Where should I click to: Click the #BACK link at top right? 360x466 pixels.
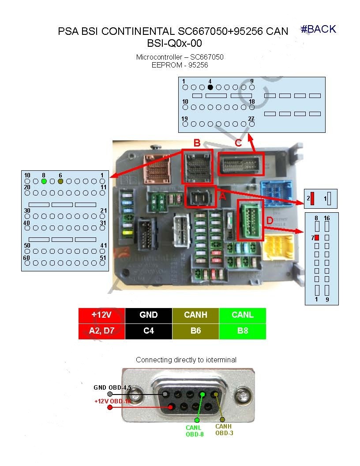(x=319, y=29)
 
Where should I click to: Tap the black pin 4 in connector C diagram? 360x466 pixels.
(x=210, y=87)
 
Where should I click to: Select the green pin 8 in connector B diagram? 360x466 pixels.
(x=44, y=181)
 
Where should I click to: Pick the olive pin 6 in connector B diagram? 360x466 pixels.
(x=60, y=181)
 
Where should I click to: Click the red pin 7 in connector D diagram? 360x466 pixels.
(x=317, y=238)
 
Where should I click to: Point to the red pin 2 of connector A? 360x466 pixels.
(x=312, y=199)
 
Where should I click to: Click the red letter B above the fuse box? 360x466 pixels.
(x=197, y=143)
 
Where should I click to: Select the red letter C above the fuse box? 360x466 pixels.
(x=238, y=143)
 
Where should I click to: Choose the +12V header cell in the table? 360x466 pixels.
(x=102, y=315)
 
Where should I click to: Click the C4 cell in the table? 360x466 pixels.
(x=149, y=331)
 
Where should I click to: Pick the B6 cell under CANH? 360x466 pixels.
(x=195, y=331)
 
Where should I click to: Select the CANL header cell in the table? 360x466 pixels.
(x=243, y=315)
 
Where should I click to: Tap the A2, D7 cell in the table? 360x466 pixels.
(x=102, y=331)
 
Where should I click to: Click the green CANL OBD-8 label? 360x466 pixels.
(x=194, y=431)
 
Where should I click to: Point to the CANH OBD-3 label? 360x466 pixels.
(x=224, y=430)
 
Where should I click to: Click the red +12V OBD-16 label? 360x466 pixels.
(x=113, y=401)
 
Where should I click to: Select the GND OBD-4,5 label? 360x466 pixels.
(x=112, y=388)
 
